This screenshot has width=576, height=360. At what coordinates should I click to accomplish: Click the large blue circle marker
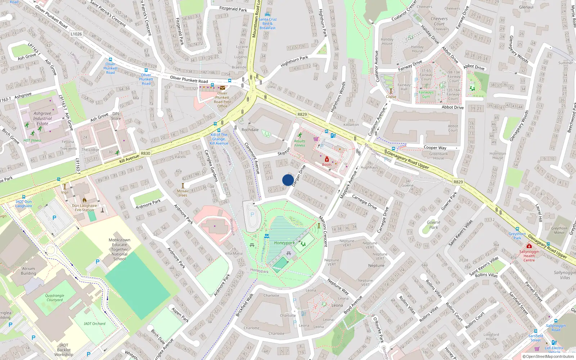tap(288, 180)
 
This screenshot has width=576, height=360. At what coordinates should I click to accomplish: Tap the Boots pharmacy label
tap(327, 165)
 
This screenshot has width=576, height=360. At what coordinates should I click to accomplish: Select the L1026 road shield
tap(76, 34)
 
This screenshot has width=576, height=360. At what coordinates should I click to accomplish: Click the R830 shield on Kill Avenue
tap(145, 153)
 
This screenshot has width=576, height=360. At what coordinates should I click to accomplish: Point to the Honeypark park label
tap(284, 243)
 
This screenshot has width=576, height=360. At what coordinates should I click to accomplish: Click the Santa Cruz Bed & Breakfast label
tap(267, 23)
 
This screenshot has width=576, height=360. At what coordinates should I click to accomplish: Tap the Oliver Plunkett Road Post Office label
tap(222, 100)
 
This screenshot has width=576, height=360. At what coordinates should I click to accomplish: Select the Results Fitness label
tap(300, 143)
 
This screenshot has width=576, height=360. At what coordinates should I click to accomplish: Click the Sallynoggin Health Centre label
tap(529, 256)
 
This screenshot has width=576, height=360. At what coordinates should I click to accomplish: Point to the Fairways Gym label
tap(426, 94)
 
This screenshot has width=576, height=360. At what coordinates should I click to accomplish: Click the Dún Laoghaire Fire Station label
tap(84, 208)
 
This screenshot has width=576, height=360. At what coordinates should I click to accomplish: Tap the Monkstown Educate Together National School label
tap(120, 249)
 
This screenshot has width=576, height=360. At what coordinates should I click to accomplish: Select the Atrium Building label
tap(28, 271)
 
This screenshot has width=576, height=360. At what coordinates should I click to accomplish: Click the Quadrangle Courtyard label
tap(55, 298)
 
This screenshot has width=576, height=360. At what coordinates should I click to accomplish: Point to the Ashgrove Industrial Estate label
tap(42, 118)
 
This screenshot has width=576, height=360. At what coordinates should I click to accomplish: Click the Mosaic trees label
tap(183, 193)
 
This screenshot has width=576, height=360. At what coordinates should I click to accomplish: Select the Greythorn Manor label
tap(559, 230)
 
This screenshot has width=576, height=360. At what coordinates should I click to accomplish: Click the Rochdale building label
tap(250, 130)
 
